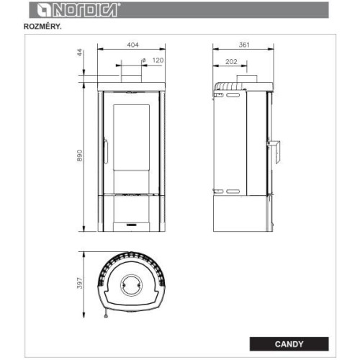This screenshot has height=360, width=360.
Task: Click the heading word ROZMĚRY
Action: pyautogui.click(x=42, y=27)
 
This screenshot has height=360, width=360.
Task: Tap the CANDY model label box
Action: pyautogui.click(x=289, y=344)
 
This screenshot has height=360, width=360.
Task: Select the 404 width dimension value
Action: pyautogui.click(x=132, y=45)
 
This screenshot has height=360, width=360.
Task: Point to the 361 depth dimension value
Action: pyautogui.click(x=244, y=45)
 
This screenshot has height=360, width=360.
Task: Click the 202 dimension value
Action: pyautogui.click(x=231, y=62)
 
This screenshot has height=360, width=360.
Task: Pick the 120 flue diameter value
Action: pyautogui.click(x=158, y=60)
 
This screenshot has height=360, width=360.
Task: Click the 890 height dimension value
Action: pyautogui.click(x=80, y=156)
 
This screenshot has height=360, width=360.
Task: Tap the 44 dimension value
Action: pyautogui.click(x=79, y=53)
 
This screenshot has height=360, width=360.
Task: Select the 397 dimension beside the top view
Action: pyautogui.click(x=80, y=283)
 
